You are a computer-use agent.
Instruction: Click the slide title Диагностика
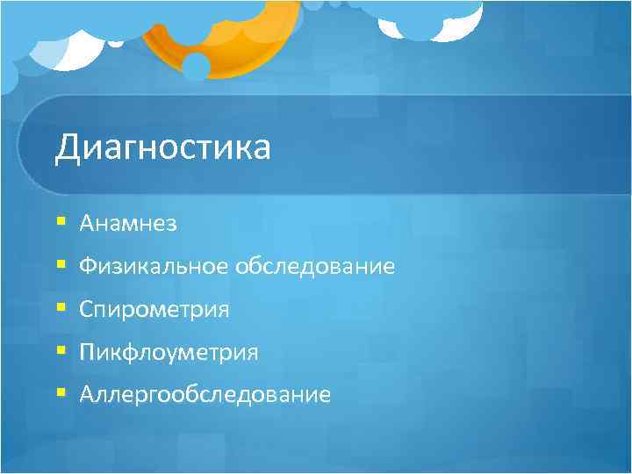[x=162, y=148]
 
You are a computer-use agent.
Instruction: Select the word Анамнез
[x=128, y=225]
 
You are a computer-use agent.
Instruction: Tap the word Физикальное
[x=154, y=267]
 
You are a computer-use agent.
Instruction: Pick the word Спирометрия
[x=154, y=310]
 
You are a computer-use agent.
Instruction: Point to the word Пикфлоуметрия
[x=169, y=353]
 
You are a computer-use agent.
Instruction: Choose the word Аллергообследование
[x=205, y=395]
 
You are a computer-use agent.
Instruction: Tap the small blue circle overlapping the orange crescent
[x=195, y=67]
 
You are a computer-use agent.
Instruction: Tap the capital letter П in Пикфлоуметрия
[x=86, y=353]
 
